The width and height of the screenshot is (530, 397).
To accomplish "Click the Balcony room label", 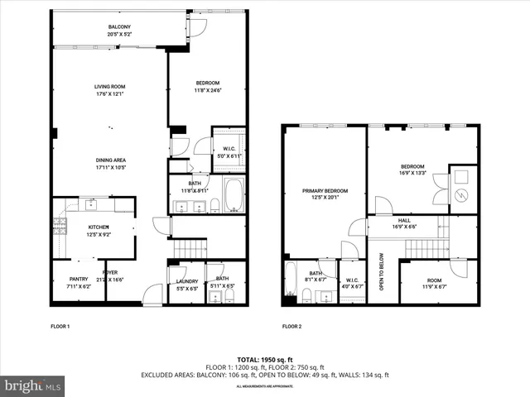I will pos(118,27).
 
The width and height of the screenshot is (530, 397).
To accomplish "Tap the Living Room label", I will pos(109,86).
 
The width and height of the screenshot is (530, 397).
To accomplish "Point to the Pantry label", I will pos(79,280).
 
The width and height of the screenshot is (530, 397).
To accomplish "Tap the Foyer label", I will pos(110,271).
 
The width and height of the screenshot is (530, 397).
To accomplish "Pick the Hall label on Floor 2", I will pos(404,220).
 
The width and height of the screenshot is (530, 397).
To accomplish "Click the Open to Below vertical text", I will pos(382,272).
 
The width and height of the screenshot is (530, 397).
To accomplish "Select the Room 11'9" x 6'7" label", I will pos(435,280).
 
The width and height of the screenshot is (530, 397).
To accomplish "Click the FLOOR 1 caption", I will pos(60,327).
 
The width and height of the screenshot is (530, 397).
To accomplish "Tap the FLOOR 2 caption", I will pos(291,327).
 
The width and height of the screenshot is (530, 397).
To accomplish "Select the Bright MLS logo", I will pos(32,386).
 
